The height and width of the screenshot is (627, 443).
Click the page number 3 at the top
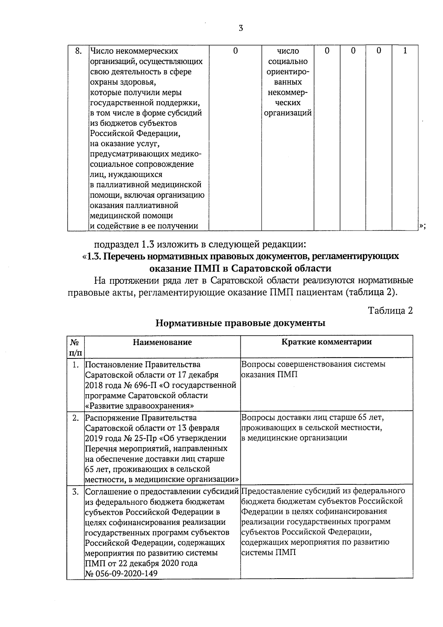(x=241, y=28)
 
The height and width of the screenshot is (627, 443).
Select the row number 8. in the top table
(x=78, y=51)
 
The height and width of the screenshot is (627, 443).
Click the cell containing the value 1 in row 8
(x=405, y=51)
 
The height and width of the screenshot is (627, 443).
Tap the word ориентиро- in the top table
(x=288, y=72)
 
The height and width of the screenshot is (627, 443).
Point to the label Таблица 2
(x=390, y=311)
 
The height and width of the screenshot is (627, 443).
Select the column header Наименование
(x=162, y=342)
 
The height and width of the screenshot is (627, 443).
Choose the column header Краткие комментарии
(x=326, y=342)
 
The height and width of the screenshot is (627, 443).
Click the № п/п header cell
(x=76, y=347)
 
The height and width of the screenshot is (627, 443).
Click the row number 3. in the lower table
(x=76, y=492)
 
